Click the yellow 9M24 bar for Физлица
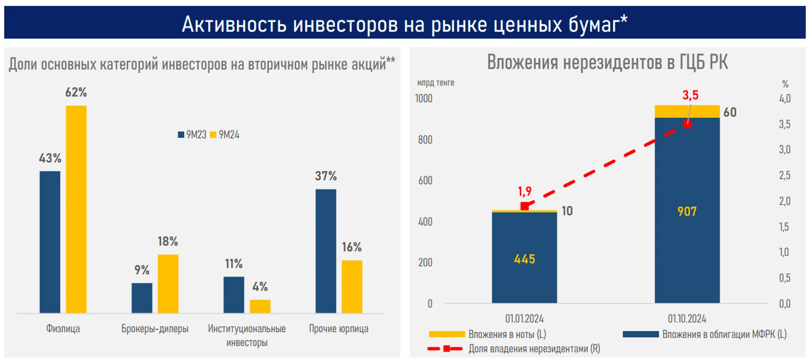76,209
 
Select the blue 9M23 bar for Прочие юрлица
325,251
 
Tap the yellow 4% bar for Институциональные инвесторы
260,306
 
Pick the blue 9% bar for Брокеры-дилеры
142,298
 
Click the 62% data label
76,92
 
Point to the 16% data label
351,247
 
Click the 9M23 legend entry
192,135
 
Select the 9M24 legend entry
225,135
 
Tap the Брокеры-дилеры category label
155,329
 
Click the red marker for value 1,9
525,206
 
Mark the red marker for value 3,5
687,124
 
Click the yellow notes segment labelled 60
687,112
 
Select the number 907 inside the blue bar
687,212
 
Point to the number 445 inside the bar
524,259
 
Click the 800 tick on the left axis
425,140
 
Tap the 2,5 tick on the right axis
785,175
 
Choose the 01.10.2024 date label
687,319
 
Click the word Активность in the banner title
234,24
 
